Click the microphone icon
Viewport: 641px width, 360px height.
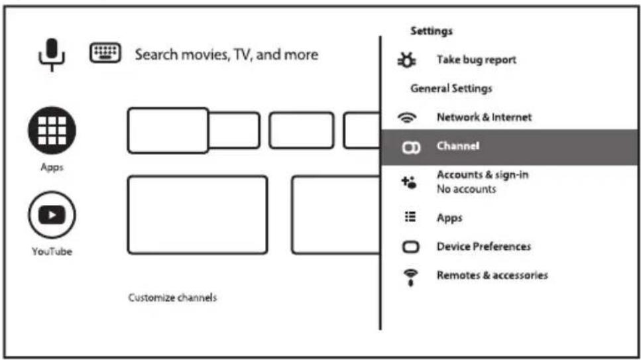point(52,55)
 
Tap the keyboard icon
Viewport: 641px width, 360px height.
point(105,53)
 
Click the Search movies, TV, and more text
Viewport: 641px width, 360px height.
point(227,54)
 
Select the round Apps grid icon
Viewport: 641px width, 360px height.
point(52,131)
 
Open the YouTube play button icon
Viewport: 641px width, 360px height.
point(52,215)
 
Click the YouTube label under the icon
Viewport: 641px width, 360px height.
point(52,251)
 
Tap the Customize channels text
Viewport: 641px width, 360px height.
point(172,298)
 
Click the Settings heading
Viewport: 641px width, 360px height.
point(432,31)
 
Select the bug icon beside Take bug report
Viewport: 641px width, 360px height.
point(407,60)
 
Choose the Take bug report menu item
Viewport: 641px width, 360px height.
point(476,60)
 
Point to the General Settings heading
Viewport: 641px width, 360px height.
point(451,88)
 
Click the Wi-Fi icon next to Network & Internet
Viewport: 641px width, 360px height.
point(407,118)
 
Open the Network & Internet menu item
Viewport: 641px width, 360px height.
point(484,117)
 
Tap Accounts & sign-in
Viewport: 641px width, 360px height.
point(483,174)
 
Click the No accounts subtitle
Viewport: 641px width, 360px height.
point(467,189)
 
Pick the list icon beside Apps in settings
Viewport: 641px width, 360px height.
point(410,216)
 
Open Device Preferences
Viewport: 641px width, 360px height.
point(484,246)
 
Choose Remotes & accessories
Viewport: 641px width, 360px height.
point(493,275)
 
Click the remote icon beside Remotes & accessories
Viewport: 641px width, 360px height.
point(410,278)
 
